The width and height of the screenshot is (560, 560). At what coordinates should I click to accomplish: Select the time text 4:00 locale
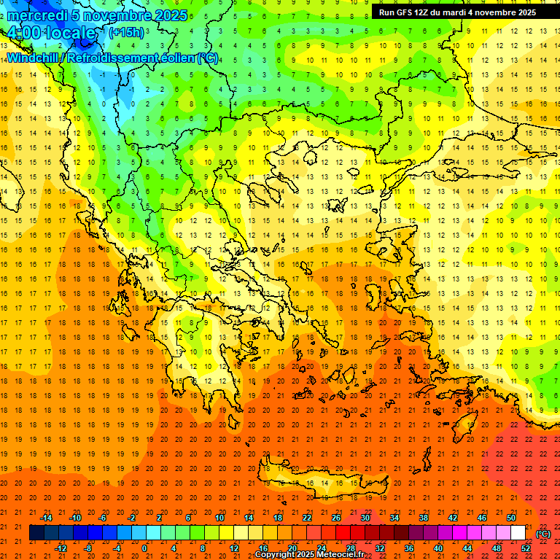(52, 33)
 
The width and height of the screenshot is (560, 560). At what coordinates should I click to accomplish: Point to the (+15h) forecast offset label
(126, 32)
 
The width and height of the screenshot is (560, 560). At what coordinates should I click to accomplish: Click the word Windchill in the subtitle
(32, 58)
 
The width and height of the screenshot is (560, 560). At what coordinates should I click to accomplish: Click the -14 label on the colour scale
(47, 518)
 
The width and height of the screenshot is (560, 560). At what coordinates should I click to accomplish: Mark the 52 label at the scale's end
(526, 548)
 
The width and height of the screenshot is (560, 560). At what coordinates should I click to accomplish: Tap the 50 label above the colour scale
(511, 518)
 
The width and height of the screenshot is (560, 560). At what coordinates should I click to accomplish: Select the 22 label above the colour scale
(306, 518)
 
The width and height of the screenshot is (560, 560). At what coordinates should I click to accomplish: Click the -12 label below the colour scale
(61, 548)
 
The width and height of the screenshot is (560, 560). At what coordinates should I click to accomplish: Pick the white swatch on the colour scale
(518, 533)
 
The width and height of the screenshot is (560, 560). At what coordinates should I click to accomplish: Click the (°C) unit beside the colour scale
(543, 534)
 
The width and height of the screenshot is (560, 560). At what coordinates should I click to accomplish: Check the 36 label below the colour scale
(409, 548)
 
